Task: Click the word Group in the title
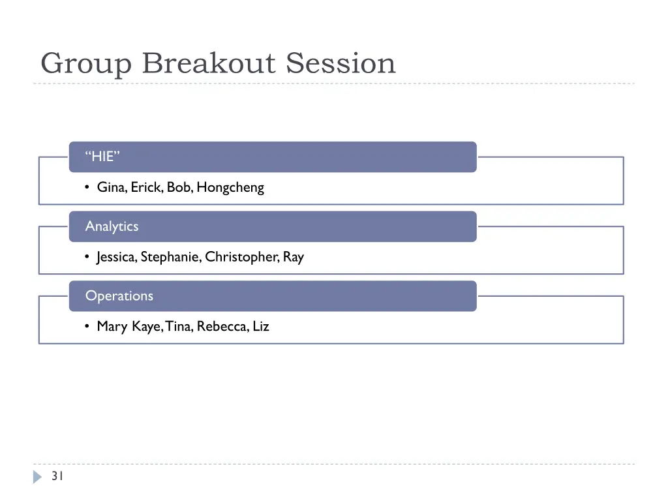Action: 87,64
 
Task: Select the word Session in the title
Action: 341,64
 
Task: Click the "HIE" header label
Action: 102,157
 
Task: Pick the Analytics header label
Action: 112,226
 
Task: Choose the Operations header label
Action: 119,296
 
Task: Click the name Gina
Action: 112,188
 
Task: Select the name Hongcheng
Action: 230,188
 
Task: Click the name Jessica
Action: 117,257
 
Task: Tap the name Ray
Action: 294,257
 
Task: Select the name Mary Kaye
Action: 129,326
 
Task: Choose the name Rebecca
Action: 222,326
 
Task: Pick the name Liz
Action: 261,326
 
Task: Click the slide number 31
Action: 57,476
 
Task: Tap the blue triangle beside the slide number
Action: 37,477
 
